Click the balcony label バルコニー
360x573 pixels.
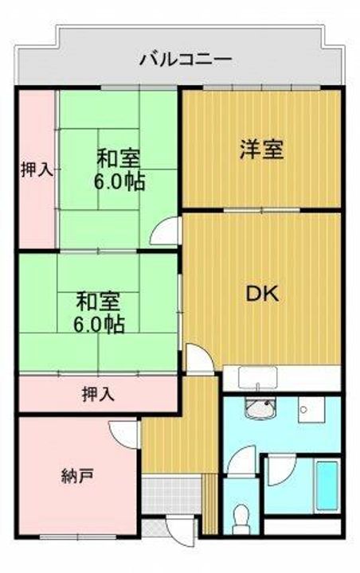tap(186, 58)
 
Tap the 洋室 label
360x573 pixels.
tap(261, 150)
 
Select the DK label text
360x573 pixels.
tap(260, 294)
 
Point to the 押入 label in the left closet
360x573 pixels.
tap(37, 169)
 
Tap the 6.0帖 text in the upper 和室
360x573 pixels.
tap(119, 181)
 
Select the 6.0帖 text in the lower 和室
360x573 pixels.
tap(99, 324)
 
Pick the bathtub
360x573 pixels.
tap(327, 485)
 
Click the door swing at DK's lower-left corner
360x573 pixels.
tap(198, 357)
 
